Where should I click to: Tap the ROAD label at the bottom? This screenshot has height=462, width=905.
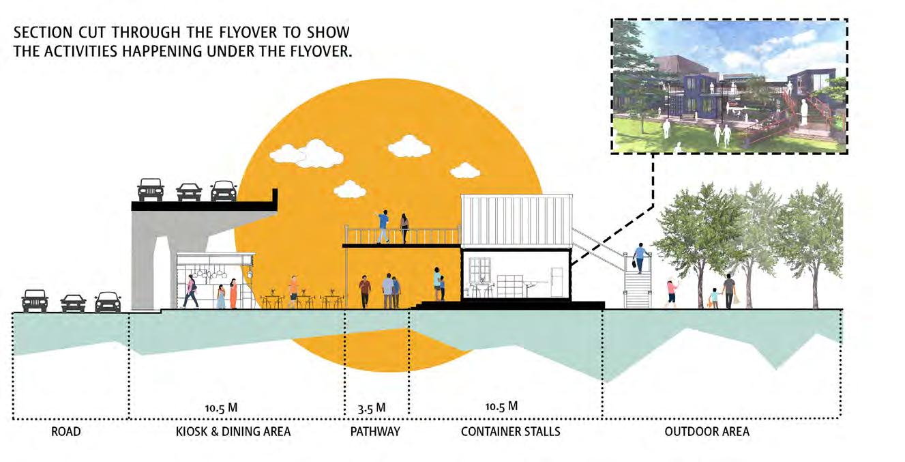66,431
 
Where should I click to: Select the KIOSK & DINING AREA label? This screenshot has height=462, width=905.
233,431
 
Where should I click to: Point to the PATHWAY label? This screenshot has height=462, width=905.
375,431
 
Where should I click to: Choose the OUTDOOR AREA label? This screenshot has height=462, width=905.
707,431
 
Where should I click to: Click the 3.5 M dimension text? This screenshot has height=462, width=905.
372,408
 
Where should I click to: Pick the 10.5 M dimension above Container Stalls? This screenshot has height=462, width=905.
501,407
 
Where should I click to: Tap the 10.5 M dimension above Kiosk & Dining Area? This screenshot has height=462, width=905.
221,408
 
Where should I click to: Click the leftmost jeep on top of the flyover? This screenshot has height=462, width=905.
151,189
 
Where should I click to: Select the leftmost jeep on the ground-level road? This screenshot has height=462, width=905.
35,300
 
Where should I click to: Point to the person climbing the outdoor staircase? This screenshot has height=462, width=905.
640,258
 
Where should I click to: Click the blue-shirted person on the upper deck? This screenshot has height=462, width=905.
383,226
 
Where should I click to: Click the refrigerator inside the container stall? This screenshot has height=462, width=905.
557,282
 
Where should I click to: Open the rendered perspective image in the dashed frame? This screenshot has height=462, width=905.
728,85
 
